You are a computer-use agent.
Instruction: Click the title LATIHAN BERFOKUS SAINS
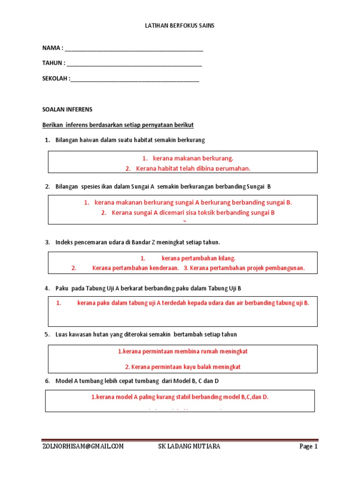180,26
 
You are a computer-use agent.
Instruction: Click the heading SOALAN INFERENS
67,110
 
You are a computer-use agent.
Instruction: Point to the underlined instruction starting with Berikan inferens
118,125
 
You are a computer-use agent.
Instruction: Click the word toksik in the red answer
227,213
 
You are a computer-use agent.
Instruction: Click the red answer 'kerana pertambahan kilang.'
198,258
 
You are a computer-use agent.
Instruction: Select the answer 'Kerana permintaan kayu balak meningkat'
186,367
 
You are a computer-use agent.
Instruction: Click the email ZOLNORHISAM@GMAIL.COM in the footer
83,447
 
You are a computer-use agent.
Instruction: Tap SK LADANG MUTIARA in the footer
188,447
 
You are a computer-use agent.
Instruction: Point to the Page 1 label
308,447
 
